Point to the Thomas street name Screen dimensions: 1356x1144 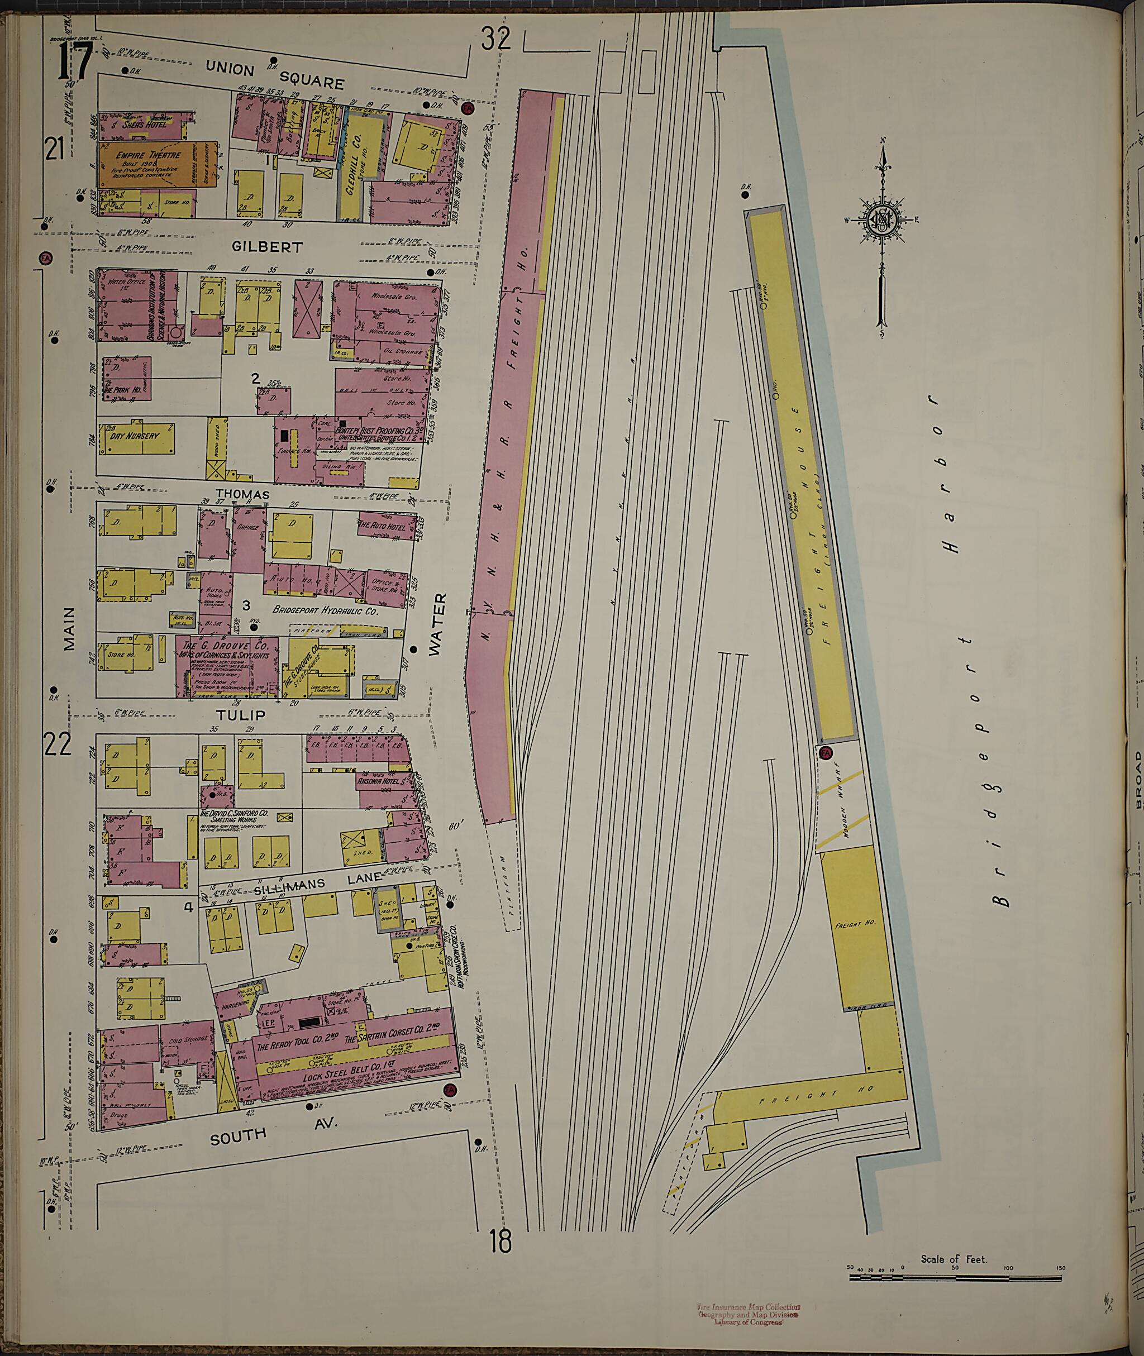pos(242,494)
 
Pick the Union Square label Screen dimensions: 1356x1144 pos(274,75)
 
